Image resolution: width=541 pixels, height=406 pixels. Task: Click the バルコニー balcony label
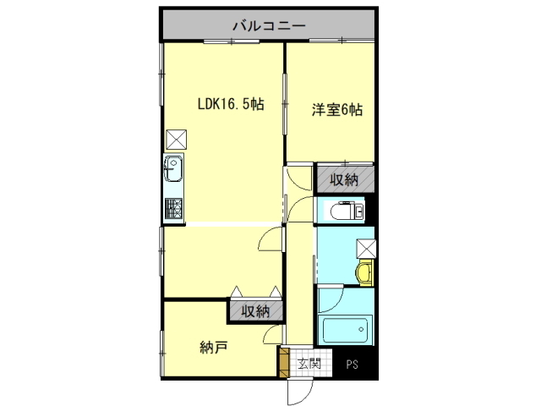coord(269,25)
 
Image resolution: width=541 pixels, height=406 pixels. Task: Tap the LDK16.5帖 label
coord(231,103)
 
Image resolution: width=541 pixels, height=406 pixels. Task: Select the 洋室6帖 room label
coord(337,110)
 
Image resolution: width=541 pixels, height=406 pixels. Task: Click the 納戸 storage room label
coord(214,348)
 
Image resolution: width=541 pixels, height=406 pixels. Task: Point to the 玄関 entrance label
coord(309,363)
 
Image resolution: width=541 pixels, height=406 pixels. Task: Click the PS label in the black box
coord(352,365)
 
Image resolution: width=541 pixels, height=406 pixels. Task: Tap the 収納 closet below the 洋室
coord(345,179)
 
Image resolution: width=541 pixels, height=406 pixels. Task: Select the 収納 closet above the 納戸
coord(255,311)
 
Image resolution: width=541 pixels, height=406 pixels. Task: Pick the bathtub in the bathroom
coord(345,330)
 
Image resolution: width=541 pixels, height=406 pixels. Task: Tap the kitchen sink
coord(173,168)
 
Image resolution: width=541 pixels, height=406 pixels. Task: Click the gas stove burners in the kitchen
coord(173,208)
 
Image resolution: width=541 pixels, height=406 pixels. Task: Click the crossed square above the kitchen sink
coord(177,140)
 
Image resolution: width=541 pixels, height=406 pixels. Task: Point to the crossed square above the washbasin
coord(366,249)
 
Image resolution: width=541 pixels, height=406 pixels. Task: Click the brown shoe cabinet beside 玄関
coord(284,363)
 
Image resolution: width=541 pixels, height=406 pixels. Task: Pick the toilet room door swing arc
coord(294,204)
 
